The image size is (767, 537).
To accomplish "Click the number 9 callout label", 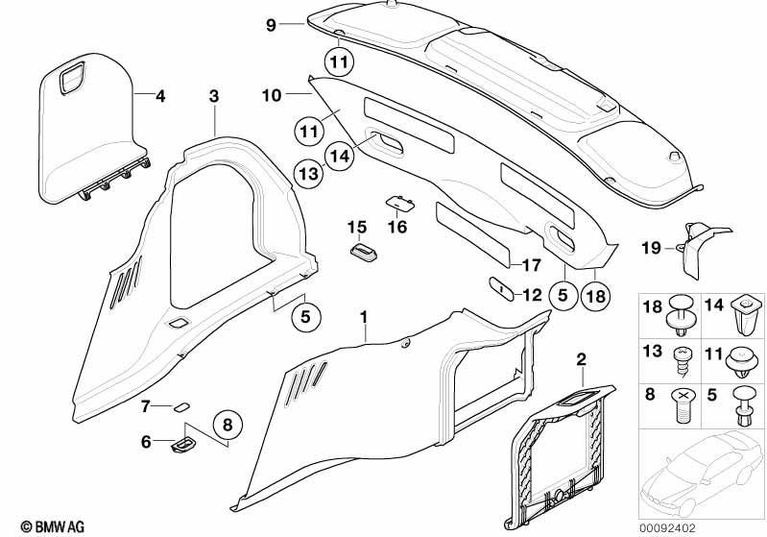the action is tap(271, 24).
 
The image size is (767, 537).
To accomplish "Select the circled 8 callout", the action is tap(228, 425).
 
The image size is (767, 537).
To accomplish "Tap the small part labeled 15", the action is tap(364, 250).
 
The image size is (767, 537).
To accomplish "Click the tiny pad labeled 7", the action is tap(182, 406).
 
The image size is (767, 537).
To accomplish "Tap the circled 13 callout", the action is tap(309, 174).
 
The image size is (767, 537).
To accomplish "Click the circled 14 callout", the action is tap(340, 156).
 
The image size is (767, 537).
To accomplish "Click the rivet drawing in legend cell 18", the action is tap(681, 315).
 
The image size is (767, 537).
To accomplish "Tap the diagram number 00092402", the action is tap(667, 528).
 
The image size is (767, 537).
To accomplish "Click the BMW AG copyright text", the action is tap(53, 526).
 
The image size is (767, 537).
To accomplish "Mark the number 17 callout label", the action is tap(532, 265).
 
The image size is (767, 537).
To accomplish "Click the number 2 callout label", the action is tap(581, 360).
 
